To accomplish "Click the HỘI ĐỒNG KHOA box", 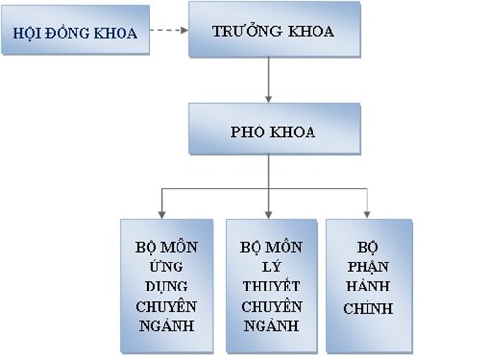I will point(75,34).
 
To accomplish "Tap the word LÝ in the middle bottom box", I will point(270,266).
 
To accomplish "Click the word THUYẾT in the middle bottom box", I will point(270,287).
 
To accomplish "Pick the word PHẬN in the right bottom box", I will point(369,264).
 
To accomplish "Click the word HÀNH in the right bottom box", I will point(369,287).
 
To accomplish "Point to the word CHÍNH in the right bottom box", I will point(369,309).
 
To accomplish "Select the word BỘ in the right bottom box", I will point(369,244).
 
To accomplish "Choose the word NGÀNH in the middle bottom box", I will point(270,327).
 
